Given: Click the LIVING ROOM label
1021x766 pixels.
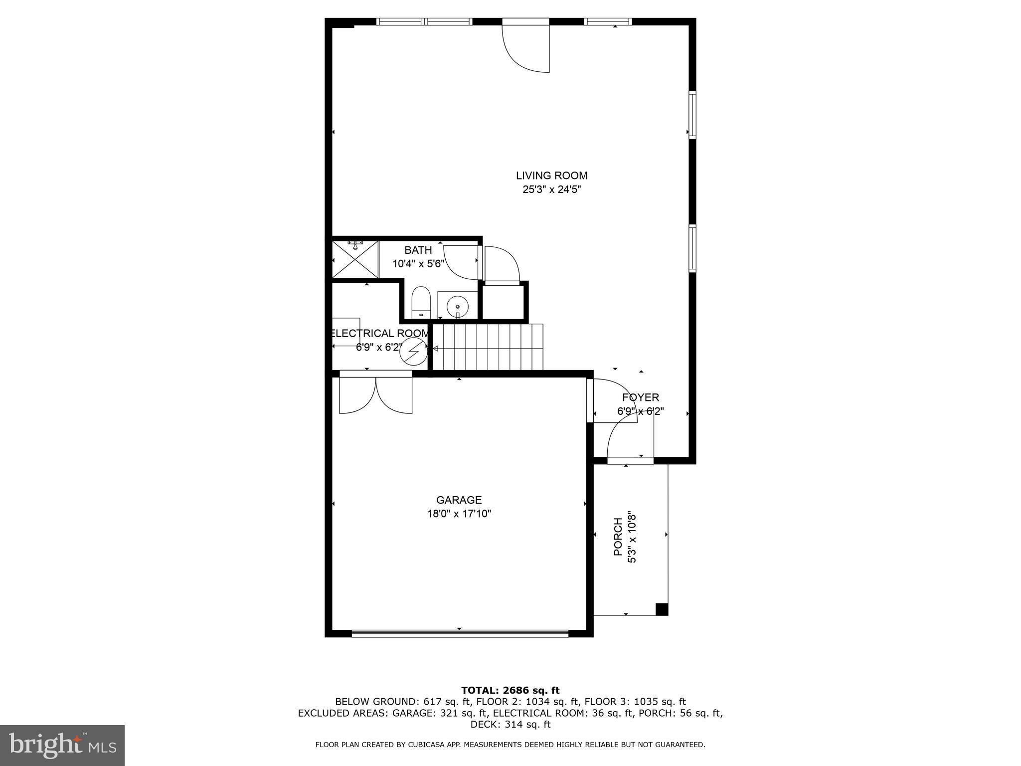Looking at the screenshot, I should coord(551,176).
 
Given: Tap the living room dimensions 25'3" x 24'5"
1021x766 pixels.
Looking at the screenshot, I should coord(551,190).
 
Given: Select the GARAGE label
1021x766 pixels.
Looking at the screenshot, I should coord(459,500).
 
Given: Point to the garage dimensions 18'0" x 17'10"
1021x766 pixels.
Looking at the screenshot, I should coord(459,514).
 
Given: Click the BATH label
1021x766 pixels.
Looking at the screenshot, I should coord(418,250).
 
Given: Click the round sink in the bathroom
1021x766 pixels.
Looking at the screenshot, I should coord(457,306).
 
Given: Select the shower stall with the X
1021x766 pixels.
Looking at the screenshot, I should coord(355,259).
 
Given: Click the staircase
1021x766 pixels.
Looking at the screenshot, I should coord(488,347).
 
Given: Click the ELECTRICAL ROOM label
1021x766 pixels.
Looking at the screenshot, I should coord(379,333).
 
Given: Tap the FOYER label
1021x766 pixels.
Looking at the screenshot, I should coord(641,397).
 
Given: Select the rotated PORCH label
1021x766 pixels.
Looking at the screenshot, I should coord(618,537).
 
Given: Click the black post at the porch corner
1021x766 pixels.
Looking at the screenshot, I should coord(661,609).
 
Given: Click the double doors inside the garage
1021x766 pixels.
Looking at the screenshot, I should coord(376,395).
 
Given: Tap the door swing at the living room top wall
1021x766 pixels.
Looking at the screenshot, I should coord(526,47).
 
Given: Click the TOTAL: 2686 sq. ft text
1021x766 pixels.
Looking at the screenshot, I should coord(510,690).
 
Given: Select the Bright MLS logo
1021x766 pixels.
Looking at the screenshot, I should coord(62,745).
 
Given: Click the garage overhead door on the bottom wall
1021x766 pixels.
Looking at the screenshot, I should coord(460,634).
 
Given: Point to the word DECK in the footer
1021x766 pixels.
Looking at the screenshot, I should coord(483,725).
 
